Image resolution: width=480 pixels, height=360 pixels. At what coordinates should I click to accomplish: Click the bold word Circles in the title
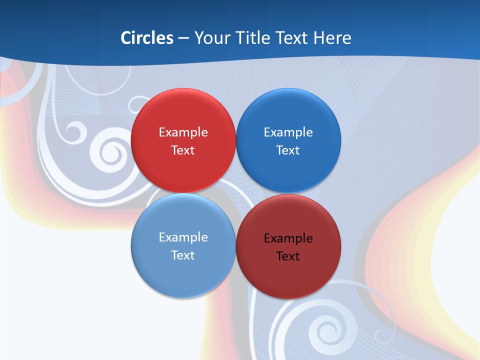coord(147,38)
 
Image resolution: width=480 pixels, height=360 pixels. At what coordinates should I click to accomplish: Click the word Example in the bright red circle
coord(183,132)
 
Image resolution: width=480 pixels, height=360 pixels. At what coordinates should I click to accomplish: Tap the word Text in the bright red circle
coord(183,150)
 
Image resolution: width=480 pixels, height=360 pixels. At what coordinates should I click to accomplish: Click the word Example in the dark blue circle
coord(288,132)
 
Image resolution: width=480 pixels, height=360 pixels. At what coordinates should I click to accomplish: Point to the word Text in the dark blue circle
coord(288,150)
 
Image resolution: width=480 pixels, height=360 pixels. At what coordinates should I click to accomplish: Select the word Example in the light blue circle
coord(183,237)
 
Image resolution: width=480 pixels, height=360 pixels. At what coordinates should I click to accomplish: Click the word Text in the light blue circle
coord(183,255)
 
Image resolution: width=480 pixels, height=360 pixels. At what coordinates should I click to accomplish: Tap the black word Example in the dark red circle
coord(288,238)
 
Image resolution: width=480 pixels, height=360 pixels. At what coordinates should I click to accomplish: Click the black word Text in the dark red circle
coord(288,256)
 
